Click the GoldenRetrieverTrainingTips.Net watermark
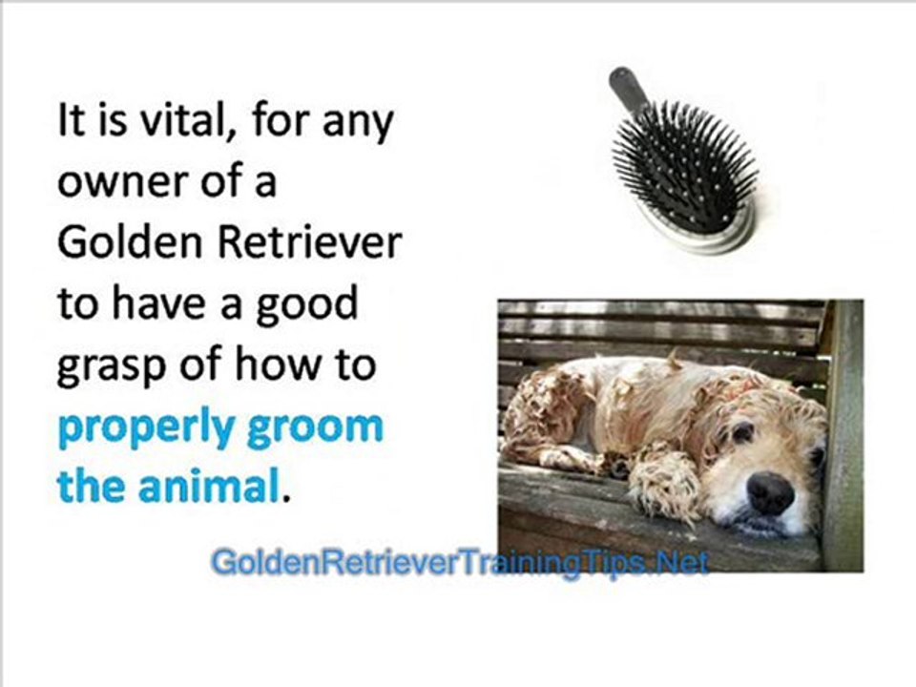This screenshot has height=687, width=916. [x=458, y=563]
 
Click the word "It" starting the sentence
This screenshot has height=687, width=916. [x=72, y=124]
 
